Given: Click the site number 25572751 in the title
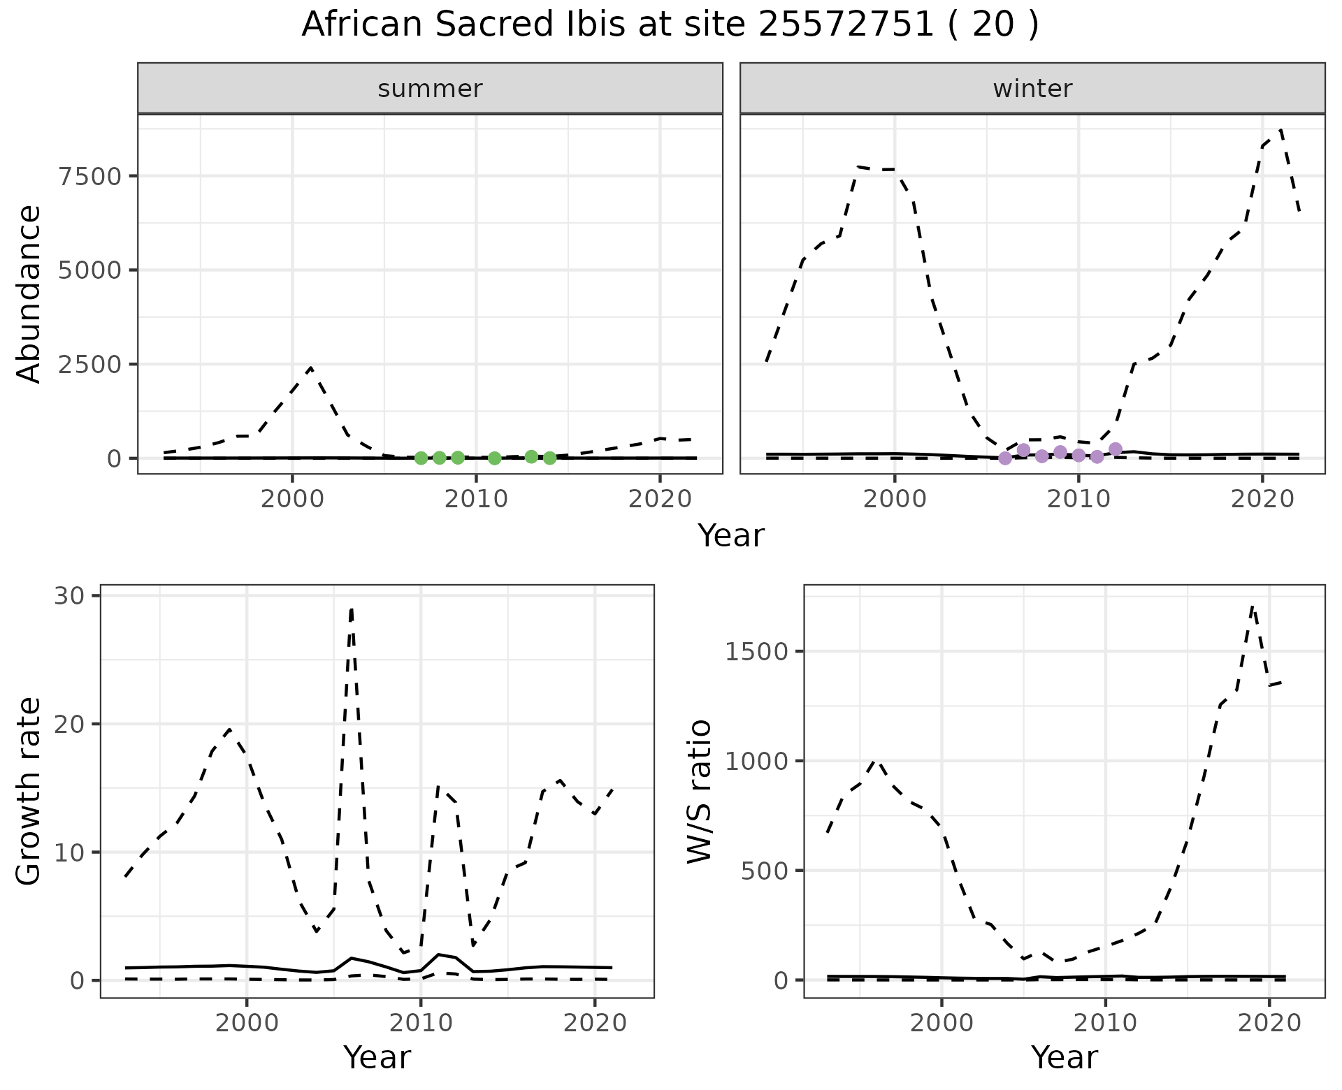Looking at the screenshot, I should click(x=846, y=25).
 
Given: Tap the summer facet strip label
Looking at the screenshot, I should click(x=430, y=89).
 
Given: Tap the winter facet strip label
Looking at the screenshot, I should click(x=1032, y=89).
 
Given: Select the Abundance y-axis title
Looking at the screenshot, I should click(x=29, y=293).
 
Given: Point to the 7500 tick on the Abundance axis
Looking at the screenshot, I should click(x=90, y=175).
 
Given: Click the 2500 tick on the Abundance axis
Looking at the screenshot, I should click(x=90, y=364).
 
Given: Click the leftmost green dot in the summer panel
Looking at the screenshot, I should click(x=421, y=458).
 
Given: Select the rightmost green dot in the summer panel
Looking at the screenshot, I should click(x=549, y=458).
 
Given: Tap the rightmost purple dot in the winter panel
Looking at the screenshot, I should click(x=1116, y=449).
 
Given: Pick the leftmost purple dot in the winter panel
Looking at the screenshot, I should click(x=1005, y=458).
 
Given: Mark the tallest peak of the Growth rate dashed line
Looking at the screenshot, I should click(x=352, y=609).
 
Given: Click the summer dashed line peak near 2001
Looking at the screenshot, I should click(x=311, y=368).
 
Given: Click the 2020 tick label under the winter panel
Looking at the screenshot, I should click(x=1262, y=500).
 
